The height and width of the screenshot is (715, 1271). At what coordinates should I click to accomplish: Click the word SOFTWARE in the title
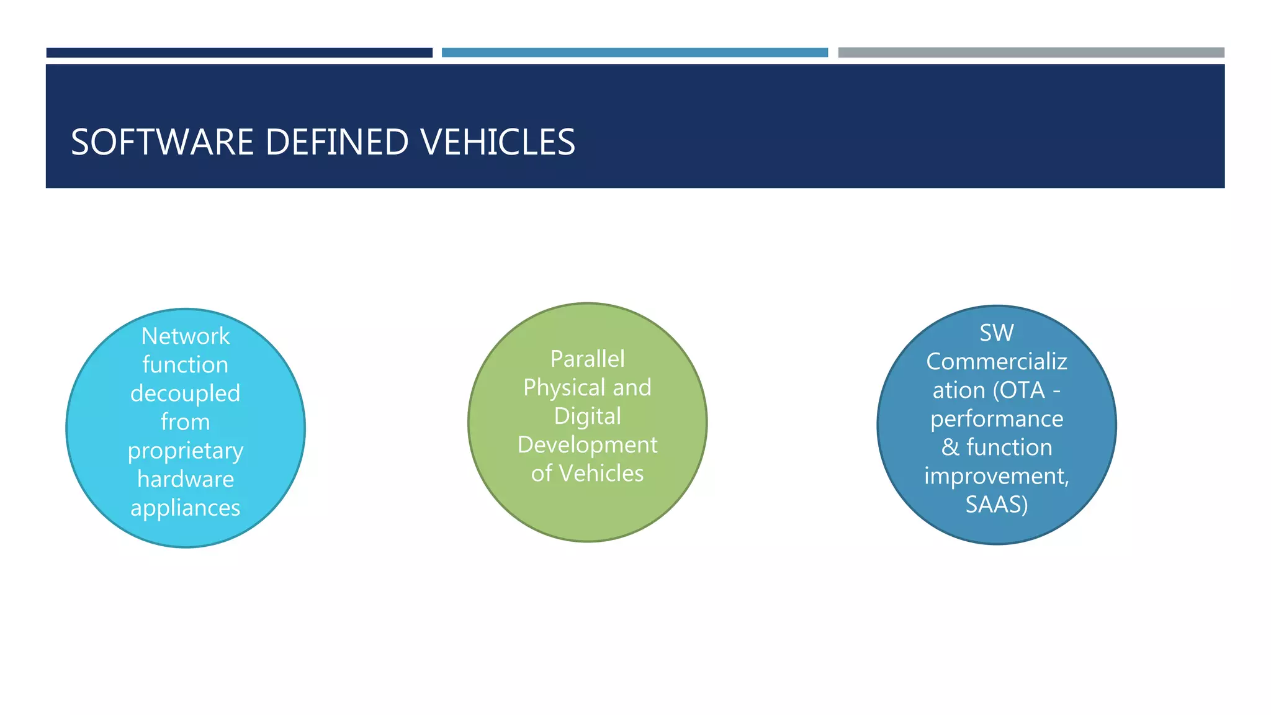click(163, 142)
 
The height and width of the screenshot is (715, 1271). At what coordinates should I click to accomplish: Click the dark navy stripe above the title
click(239, 53)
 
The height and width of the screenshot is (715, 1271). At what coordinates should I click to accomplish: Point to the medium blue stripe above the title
click(634, 53)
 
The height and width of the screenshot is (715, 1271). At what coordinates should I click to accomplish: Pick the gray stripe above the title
click(1031, 53)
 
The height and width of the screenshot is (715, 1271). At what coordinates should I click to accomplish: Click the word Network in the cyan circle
click(186, 336)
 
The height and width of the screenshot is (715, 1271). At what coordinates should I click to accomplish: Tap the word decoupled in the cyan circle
click(186, 393)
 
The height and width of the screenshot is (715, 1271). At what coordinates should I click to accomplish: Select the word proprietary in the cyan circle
click(186, 451)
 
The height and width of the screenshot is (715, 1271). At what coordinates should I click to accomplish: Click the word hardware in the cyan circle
click(186, 479)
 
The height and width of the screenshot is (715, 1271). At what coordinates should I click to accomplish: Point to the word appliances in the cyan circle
click(186, 508)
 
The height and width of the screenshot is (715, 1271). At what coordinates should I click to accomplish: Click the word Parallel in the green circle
click(587, 359)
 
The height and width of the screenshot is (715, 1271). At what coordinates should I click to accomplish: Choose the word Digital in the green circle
click(587, 416)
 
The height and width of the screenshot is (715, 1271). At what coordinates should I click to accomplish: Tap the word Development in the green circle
click(587, 445)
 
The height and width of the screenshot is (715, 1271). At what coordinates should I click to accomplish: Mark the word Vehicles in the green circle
click(601, 474)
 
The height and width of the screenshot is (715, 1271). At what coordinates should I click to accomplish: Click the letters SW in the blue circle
click(997, 333)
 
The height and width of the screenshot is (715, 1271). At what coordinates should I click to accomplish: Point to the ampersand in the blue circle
click(950, 447)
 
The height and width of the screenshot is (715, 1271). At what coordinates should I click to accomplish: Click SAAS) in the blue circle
click(997, 505)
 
